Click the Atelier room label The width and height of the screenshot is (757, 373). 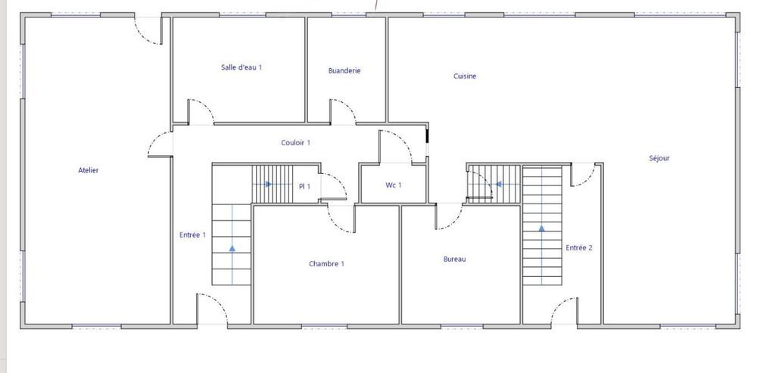point(88,170)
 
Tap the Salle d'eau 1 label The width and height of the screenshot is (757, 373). point(241,67)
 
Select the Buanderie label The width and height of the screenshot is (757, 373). point(344,71)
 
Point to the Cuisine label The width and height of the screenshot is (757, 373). point(465,76)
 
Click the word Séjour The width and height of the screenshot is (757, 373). point(659,158)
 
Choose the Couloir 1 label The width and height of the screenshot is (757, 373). point(295,142)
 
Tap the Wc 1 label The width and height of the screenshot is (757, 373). point(394,185)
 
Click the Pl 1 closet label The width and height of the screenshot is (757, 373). point(304,186)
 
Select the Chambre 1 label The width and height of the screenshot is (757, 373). point(326,264)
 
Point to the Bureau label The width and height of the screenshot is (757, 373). point(454,260)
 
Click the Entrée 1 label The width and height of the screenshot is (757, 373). point(192,235)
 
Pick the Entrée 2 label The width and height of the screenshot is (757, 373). point(578,247)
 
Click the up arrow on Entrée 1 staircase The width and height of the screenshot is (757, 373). point(232,246)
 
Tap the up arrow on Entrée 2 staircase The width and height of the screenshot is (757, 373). point(541,226)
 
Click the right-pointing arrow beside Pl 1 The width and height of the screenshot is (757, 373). point(269,184)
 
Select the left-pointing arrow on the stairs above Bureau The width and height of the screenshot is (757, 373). point(498,183)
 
